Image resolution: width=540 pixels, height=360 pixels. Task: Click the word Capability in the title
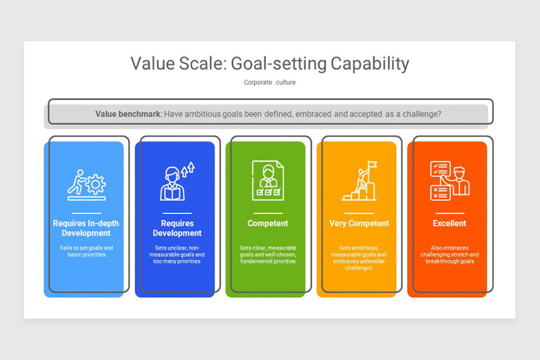coord(370,64)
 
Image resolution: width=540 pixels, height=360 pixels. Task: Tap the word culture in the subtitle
coord(286,82)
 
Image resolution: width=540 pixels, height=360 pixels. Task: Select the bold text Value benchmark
coord(128,114)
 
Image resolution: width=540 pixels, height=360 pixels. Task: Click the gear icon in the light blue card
coord(96,184)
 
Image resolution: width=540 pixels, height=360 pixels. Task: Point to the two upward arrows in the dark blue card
coord(188,169)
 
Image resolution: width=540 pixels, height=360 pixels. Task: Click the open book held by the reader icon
coord(172,194)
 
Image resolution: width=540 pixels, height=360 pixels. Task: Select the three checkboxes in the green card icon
coord(268,192)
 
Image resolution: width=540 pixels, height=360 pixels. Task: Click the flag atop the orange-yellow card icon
coord(372,165)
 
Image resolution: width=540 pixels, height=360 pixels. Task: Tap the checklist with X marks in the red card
coord(440,193)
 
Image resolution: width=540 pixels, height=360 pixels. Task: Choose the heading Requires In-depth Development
coord(86,228)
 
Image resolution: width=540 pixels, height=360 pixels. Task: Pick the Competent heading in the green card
coord(268,223)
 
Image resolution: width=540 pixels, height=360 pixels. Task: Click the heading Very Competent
coord(359,223)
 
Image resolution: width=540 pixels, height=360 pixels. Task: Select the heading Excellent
coord(450,223)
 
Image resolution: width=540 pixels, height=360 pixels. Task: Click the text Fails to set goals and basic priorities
coord(86,251)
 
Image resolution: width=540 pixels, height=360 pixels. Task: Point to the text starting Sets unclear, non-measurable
coord(177,255)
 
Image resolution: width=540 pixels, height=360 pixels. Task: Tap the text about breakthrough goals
coord(450,255)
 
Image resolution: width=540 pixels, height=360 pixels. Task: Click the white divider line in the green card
coord(268,213)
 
